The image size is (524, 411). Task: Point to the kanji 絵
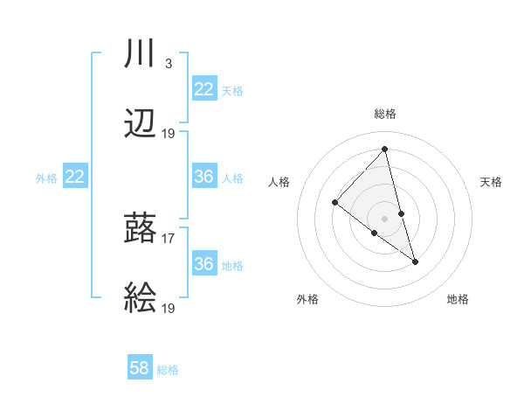(141, 300)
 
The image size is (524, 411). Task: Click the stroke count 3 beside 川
(168, 64)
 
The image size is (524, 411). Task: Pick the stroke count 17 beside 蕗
(169, 237)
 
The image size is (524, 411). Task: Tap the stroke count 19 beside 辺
(169, 133)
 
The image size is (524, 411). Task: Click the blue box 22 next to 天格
(203, 89)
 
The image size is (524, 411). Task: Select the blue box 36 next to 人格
(203, 177)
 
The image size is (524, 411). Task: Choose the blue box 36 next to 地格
(203, 263)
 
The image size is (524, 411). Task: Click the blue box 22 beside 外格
(75, 177)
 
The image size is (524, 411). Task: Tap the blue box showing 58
(140, 368)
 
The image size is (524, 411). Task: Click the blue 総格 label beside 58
(168, 370)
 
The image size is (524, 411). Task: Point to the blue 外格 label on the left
(46, 178)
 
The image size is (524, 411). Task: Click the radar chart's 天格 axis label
(491, 182)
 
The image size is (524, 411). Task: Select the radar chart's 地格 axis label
(458, 299)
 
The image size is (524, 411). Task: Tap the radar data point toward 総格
(384, 150)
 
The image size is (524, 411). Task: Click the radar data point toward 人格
(334, 203)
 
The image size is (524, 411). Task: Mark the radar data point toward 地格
(415, 261)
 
